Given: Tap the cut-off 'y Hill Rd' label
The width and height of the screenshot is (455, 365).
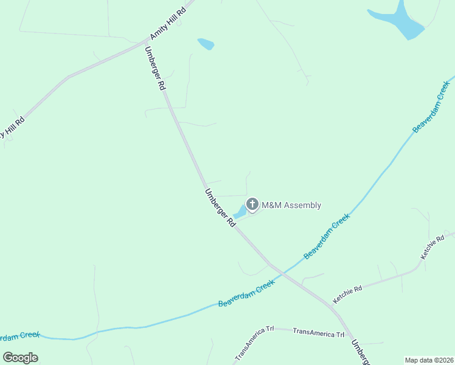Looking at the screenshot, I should [12, 128].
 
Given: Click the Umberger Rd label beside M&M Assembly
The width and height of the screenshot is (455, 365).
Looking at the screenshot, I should [220, 207].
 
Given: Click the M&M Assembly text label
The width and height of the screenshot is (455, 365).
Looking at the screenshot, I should [291, 205].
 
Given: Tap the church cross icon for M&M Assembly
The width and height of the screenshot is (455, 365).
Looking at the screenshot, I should [252, 204].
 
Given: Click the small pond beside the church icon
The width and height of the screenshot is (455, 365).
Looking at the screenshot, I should [240, 212].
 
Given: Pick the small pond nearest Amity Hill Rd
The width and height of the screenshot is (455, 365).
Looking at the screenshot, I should [206, 44].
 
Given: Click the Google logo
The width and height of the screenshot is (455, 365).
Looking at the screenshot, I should [21, 357].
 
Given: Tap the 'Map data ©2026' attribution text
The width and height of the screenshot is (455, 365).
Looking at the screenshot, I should [429, 360].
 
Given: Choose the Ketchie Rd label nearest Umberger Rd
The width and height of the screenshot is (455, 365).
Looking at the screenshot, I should [347, 294].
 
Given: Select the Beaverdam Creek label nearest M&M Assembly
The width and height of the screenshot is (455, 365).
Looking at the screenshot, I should [327, 235].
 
